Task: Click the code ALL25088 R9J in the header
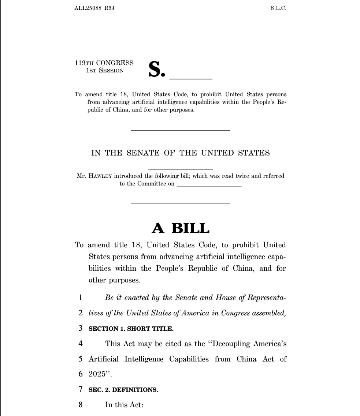[94, 8]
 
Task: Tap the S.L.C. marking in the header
[278, 8]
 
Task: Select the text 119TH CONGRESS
[104, 63]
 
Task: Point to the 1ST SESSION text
[105, 71]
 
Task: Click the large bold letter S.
[155, 69]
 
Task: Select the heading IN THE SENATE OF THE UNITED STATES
[180, 153]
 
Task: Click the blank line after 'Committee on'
[209, 185]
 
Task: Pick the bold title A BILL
[181, 228]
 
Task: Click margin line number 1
[81, 297]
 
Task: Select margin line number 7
[81, 389]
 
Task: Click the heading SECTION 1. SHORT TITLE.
[131, 329]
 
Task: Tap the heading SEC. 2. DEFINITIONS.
[123, 390]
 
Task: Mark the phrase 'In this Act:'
[124, 405]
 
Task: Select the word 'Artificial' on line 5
[104, 359]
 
